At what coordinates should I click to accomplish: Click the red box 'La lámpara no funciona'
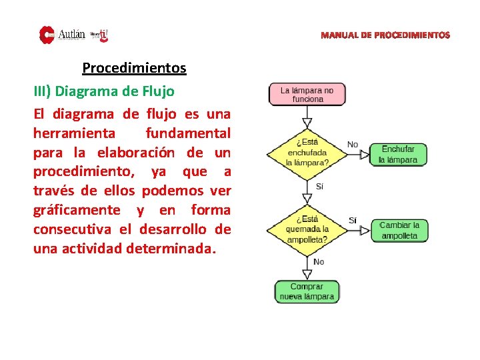pyautogui.click(x=307, y=94)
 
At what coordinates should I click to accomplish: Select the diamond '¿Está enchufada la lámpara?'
pyautogui.click(x=307, y=152)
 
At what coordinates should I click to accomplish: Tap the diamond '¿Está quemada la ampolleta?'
pyautogui.click(x=307, y=229)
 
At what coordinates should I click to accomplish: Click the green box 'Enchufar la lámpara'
pyautogui.click(x=398, y=155)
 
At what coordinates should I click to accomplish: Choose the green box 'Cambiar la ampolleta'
pyautogui.click(x=399, y=231)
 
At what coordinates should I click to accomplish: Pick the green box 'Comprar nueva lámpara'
pyautogui.click(x=307, y=291)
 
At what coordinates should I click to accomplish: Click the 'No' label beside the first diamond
pyautogui.click(x=353, y=145)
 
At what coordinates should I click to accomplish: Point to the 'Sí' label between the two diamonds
pyautogui.click(x=319, y=187)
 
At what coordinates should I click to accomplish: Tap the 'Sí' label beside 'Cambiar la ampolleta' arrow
pyautogui.click(x=353, y=221)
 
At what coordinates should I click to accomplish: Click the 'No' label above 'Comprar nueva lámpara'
pyautogui.click(x=319, y=262)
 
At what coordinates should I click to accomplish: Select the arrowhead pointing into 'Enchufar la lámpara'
pyautogui.click(x=365, y=155)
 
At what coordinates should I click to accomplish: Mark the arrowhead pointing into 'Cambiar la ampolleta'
pyautogui.click(x=365, y=231)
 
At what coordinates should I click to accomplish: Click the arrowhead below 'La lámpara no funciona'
pyautogui.click(x=307, y=123)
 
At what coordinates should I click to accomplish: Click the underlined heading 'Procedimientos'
pyautogui.click(x=134, y=68)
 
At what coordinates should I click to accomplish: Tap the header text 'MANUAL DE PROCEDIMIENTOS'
pyautogui.click(x=385, y=35)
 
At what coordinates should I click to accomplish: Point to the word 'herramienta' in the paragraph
pyautogui.click(x=74, y=133)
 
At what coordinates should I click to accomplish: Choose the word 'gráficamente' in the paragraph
pyautogui.click(x=77, y=210)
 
